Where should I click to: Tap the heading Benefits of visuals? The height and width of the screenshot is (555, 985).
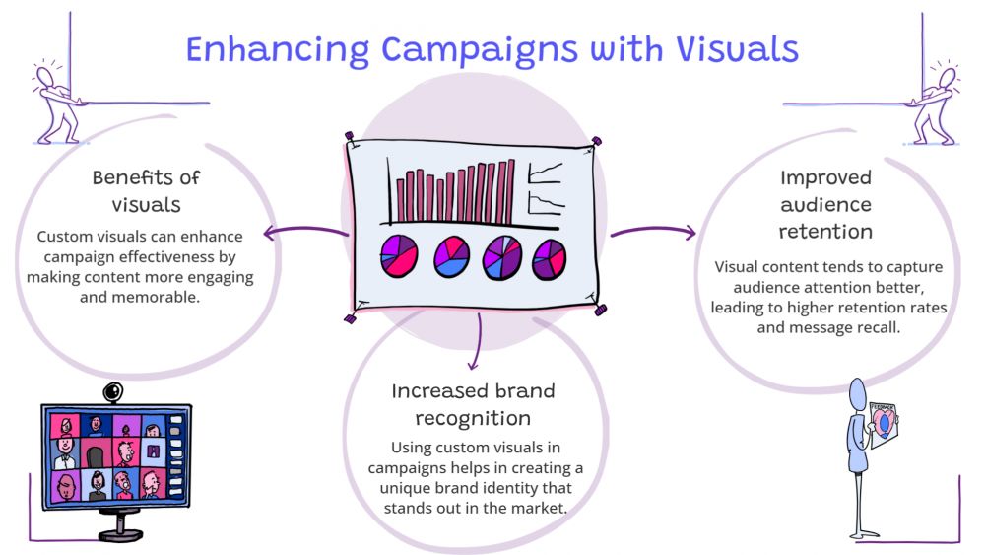point(146,191)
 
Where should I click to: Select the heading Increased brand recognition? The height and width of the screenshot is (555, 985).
point(473,404)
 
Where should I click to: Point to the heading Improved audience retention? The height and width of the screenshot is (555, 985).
point(825,205)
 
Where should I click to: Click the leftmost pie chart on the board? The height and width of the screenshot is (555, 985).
point(401,256)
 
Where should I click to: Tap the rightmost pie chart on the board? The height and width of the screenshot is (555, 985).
point(550,258)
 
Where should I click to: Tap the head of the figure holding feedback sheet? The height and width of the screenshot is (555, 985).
point(858,392)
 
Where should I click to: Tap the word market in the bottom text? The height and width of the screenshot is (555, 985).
point(544,508)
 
